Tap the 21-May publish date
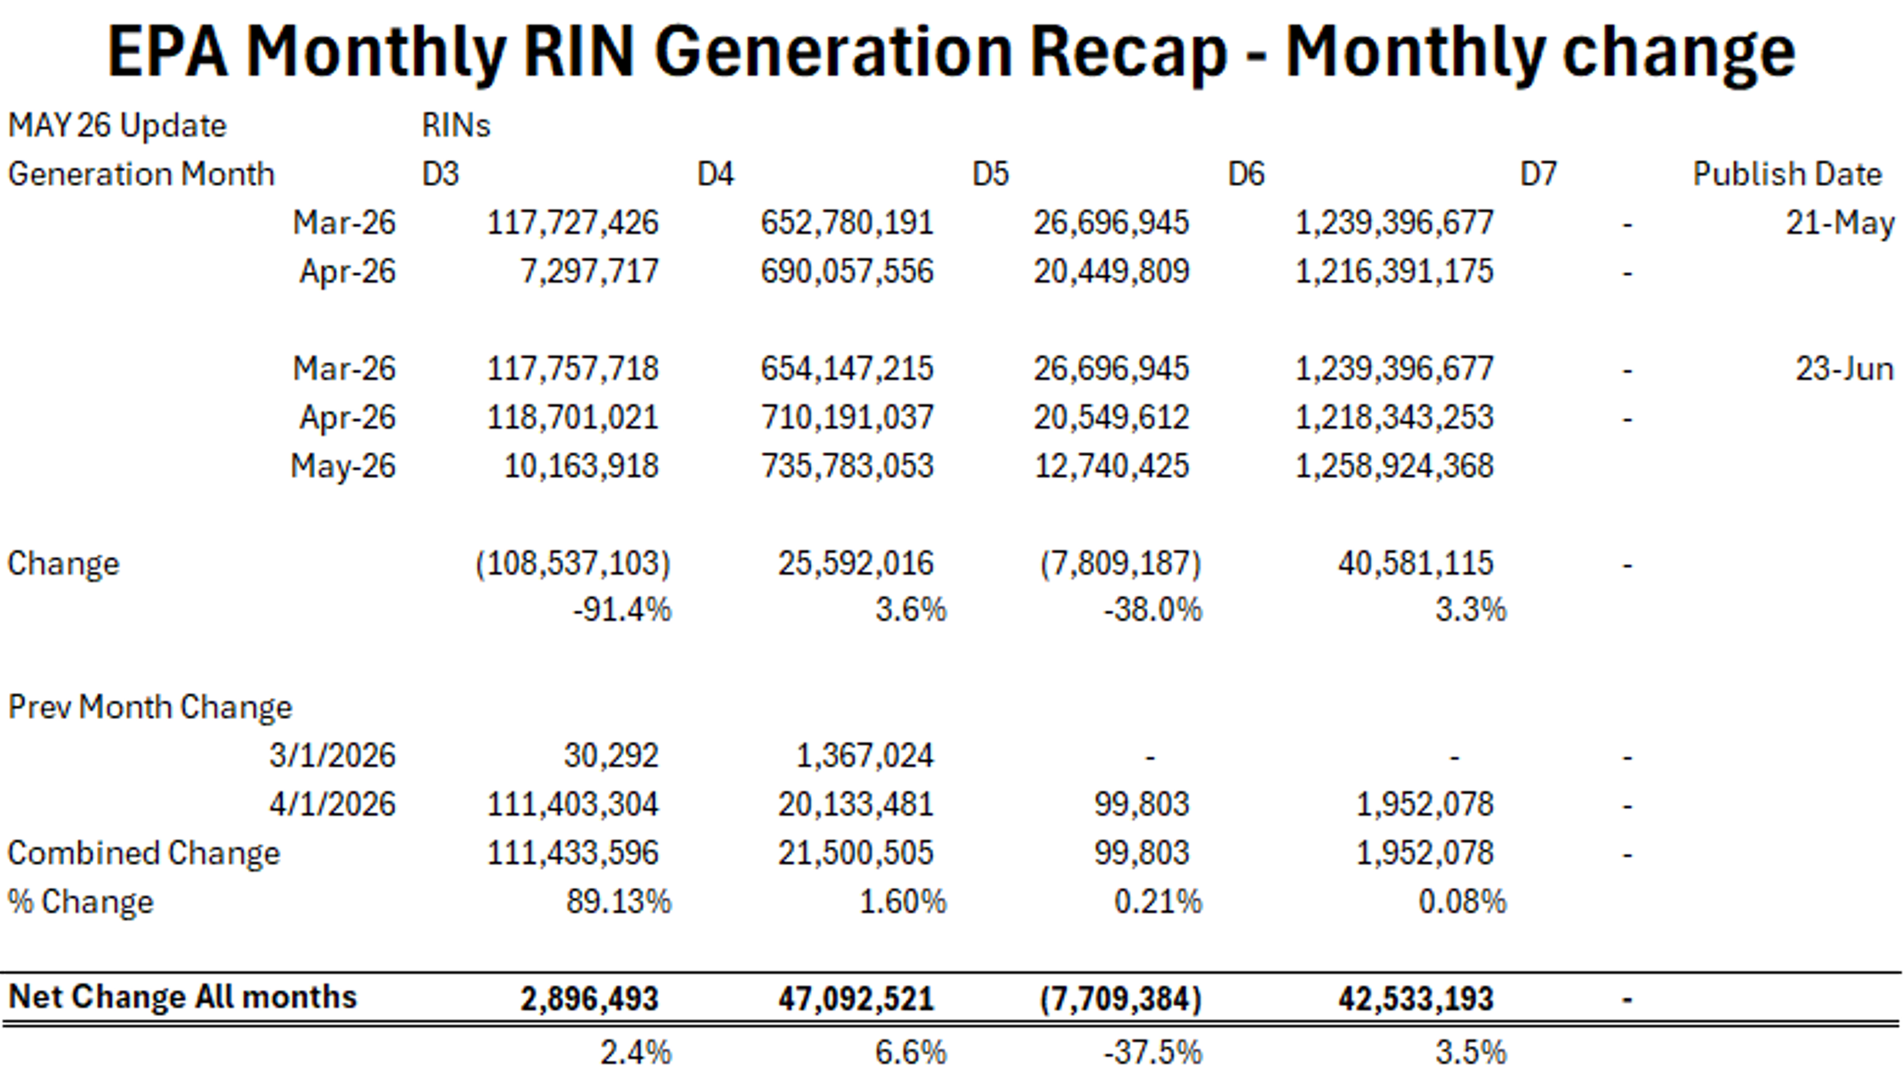[x=1840, y=223]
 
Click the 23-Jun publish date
[x=1844, y=369]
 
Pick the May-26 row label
[x=343, y=466]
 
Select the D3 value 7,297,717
[x=590, y=272]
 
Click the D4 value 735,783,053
[x=847, y=466]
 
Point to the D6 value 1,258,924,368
[x=1394, y=466]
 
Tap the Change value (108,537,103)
[x=573, y=564]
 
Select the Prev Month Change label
[x=150, y=707]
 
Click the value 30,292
[x=611, y=756]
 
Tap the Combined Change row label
[x=144, y=853]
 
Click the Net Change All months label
[x=182, y=997]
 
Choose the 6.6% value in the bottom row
[x=911, y=1053]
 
